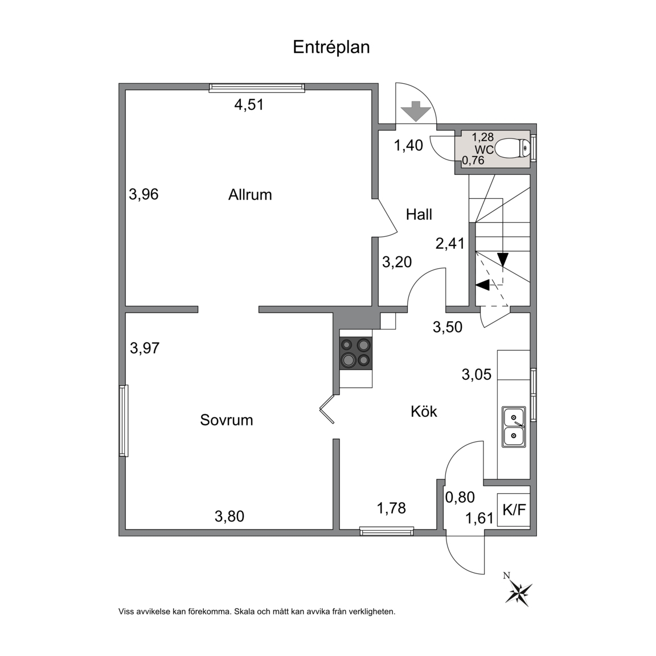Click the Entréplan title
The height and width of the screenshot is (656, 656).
(x=331, y=47)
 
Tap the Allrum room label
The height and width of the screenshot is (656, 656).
(x=250, y=195)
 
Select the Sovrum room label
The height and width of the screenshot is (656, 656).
(x=226, y=420)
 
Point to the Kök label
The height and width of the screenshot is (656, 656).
(x=424, y=411)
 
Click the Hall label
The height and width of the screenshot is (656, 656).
(x=419, y=215)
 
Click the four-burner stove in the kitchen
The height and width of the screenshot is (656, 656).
(x=356, y=354)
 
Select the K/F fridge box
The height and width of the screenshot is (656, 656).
(x=514, y=510)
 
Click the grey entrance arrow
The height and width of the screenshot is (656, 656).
(x=416, y=111)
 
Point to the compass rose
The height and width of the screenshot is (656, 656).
(x=518, y=593)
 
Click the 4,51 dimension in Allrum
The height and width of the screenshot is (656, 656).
(x=249, y=105)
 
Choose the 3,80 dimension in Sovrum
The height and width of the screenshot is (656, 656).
(x=229, y=516)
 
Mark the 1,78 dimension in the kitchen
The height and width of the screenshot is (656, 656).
(x=391, y=508)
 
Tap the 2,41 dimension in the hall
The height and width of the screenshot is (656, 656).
(x=450, y=243)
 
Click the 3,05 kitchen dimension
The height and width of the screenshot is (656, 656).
(x=477, y=374)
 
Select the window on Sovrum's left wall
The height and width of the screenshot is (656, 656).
(x=123, y=420)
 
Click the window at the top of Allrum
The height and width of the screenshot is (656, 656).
(x=257, y=87)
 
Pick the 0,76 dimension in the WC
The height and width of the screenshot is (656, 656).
(x=473, y=160)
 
